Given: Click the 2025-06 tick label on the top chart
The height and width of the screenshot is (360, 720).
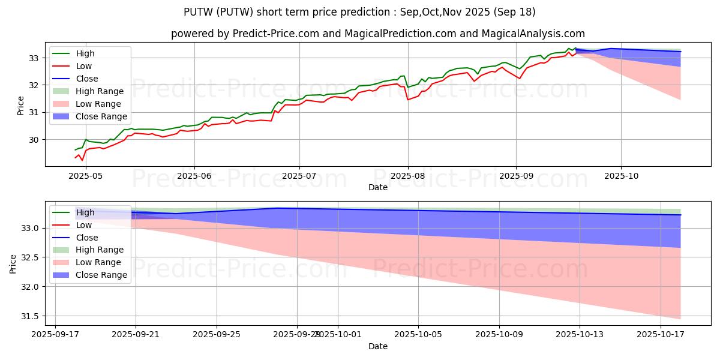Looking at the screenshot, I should coord(194,176).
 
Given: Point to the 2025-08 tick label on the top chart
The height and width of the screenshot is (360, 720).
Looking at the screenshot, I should coord(408,176).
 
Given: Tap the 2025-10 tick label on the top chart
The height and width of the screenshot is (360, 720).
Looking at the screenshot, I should coord(620,176).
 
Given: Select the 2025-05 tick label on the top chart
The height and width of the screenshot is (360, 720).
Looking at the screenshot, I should coord(86,176).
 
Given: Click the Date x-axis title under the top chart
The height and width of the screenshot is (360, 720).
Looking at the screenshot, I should coord(378,188).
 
